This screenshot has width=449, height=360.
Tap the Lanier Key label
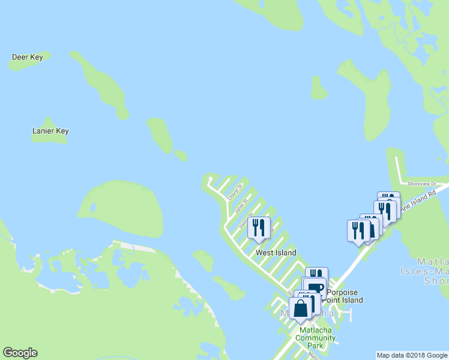[x=50, y=131]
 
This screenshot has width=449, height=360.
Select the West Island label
[x=276, y=253]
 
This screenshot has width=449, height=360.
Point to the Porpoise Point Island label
[x=345, y=296]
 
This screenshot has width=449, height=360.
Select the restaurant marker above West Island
[x=259, y=228]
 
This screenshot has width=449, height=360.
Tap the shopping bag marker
[x=301, y=308]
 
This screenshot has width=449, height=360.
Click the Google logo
[x=20, y=353]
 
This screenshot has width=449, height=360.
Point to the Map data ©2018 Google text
[x=412, y=355]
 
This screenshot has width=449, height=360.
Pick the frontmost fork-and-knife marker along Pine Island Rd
[x=359, y=232]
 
